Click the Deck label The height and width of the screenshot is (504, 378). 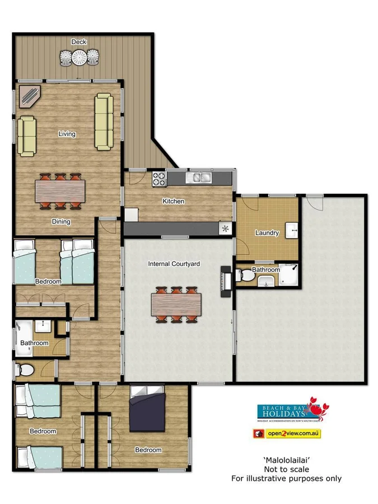tap(78, 42)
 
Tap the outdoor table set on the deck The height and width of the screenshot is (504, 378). tap(79, 57)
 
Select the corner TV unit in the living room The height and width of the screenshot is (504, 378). tap(29, 96)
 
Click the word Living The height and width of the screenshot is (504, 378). tap(67, 134)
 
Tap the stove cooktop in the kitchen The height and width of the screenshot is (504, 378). tap(159, 179)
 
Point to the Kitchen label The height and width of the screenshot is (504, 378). tap(173, 201)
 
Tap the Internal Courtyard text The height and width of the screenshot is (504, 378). tap(174, 263)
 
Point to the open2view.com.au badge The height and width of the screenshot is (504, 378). tap(287, 433)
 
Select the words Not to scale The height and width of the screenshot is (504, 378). tap(286, 469)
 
